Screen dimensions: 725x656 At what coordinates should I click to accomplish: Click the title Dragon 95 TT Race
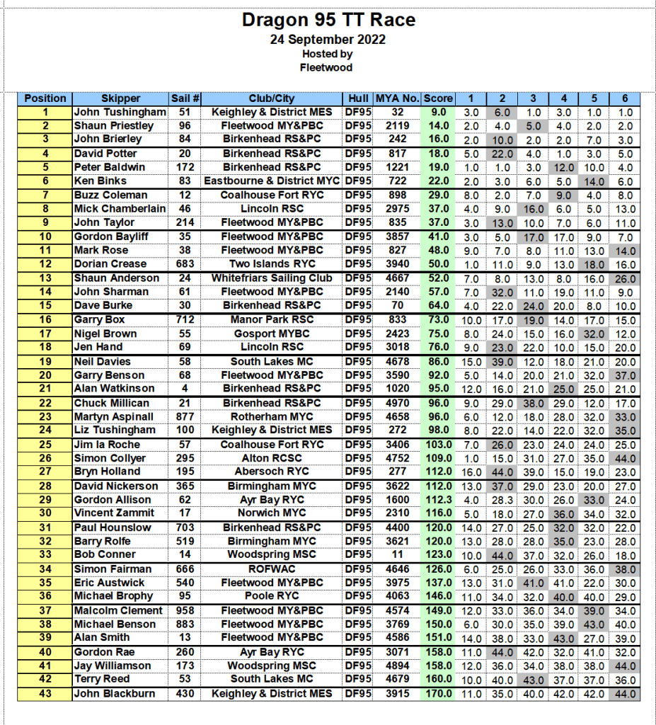pos(328,20)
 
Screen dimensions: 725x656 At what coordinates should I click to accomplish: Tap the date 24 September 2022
pos(328,40)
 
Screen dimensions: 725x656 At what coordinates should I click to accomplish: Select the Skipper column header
pos(120,98)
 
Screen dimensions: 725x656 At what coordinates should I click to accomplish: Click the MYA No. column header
pos(397,98)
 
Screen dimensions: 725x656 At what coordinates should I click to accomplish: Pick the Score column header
pos(437,98)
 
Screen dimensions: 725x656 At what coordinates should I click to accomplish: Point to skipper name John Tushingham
pos(120,112)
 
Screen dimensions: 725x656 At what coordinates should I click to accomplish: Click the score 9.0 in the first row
pos(437,112)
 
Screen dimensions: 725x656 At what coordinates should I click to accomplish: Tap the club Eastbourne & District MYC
pos(271,181)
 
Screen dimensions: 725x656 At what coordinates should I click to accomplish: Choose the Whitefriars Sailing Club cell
pos(271,278)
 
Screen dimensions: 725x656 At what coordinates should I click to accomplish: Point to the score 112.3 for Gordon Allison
pos(437,499)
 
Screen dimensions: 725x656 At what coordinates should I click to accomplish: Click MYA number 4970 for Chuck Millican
pos(397,403)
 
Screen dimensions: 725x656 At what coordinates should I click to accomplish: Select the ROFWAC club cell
pos(271,569)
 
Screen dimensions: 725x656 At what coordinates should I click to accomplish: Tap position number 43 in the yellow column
pos(45,693)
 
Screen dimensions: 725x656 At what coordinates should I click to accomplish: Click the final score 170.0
pos(437,693)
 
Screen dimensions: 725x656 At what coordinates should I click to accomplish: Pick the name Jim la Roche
pos(107,445)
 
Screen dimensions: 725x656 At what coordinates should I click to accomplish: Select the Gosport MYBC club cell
pos(271,333)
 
